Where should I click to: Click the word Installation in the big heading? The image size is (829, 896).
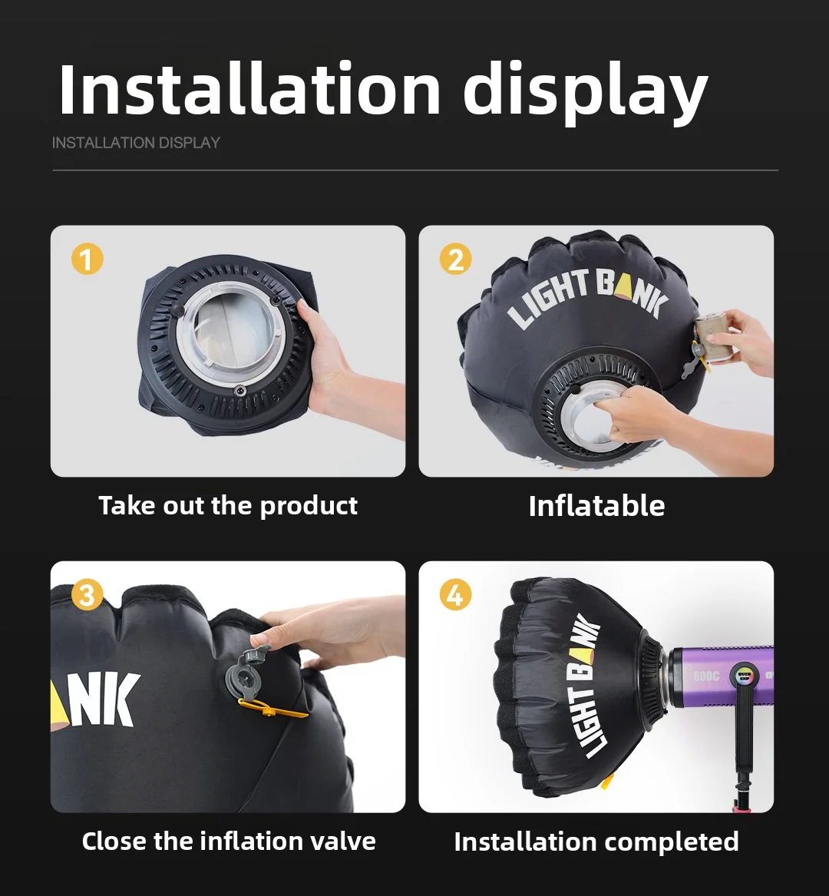(x=249, y=90)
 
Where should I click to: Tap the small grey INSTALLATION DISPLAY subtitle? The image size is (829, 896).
(x=136, y=143)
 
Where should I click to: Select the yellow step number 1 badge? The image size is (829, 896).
(x=87, y=260)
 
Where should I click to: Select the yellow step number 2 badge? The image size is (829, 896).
(x=455, y=260)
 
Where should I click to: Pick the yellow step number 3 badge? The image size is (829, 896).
(x=87, y=595)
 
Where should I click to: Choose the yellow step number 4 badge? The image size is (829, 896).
(x=455, y=595)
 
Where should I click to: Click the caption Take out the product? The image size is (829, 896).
(x=228, y=506)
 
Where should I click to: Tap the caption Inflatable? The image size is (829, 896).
(x=596, y=506)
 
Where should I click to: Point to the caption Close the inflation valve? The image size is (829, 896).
(x=228, y=841)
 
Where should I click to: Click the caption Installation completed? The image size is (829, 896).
(x=596, y=841)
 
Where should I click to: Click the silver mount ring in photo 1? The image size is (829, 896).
(x=231, y=339)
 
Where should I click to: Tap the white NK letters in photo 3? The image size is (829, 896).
(x=108, y=699)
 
